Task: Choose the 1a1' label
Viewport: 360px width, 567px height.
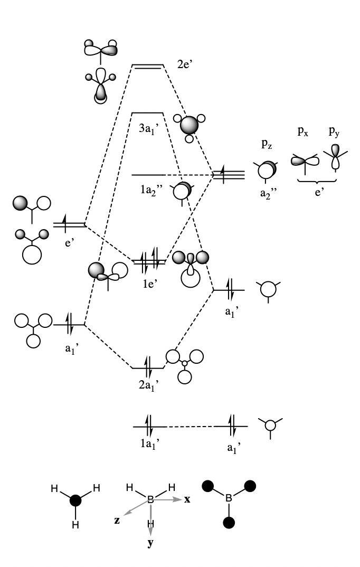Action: pyautogui.click(x=149, y=443)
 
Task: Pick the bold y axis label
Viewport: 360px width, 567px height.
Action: pyautogui.click(x=151, y=543)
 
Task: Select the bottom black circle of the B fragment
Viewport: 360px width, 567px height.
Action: pyautogui.click(x=228, y=523)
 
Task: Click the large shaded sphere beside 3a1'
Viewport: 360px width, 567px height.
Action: pyautogui.click(x=189, y=125)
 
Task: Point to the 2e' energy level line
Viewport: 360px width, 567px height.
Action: pyautogui.click(x=148, y=67)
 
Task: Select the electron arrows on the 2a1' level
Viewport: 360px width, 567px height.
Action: pyautogui.click(x=148, y=364)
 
